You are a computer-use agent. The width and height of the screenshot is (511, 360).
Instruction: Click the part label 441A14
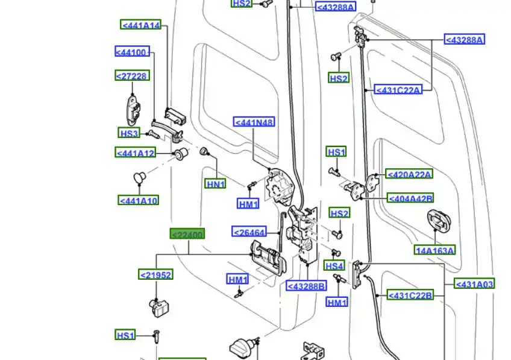[x=141, y=25]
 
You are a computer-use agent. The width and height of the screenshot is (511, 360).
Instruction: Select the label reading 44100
[x=133, y=52]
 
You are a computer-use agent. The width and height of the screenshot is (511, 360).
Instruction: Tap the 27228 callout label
[x=132, y=75]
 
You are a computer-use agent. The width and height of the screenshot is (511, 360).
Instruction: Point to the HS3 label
[x=129, y=133]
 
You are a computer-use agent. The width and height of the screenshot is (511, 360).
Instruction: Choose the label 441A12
[x=136, y=153]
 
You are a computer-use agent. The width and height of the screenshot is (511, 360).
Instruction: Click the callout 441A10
[x=139, y=200]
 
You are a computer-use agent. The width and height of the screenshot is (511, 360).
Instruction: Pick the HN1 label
[x=215, y=184]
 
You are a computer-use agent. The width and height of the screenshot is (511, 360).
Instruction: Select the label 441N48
[x=254, y=122]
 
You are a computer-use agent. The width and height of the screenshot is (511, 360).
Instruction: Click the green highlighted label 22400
[x=187, y=234]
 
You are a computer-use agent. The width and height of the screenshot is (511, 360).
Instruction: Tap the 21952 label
[x=156, y=275]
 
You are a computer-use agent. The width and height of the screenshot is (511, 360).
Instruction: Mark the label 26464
[x=249, y=232]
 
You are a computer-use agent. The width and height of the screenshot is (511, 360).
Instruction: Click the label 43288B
[x=306, y=286]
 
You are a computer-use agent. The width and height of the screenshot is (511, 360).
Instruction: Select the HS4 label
[x=334, y=265]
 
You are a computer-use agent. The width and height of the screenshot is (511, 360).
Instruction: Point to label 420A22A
[x=409, y=174]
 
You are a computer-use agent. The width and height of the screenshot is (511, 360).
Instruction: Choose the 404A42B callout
[x=410, y=198]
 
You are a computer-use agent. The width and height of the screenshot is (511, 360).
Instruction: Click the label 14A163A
[x=434, y=250]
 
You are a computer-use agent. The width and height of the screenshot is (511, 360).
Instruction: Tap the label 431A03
[x=474, y=283]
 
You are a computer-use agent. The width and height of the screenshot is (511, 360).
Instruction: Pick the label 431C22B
[x=410, y=295]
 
